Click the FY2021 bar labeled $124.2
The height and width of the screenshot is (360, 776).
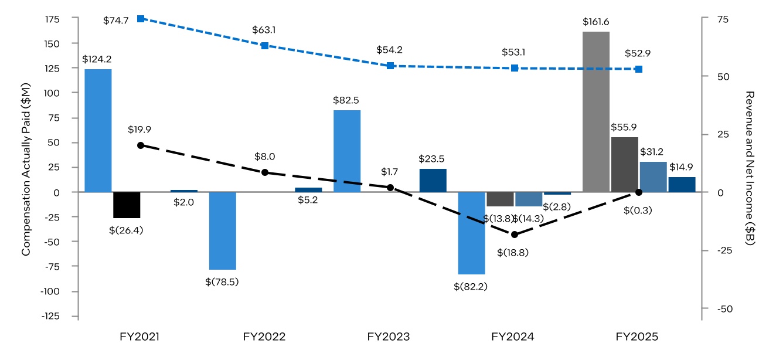tap(98, 130)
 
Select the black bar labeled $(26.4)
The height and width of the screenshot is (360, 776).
tap(127, 205)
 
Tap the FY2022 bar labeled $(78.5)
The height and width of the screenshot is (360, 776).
tap(222, 230)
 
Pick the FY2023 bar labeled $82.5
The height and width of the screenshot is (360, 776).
tap(346, 151)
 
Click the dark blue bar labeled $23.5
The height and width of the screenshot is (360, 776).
tap(433, 180)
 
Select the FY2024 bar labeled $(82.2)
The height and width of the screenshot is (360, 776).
tap(471, 233)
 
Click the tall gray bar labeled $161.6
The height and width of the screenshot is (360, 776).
tap(595, 111)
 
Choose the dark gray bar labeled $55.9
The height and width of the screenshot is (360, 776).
tap(624, 164)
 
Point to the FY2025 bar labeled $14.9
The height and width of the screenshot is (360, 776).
tap(682, 184)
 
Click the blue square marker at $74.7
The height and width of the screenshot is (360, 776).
tap(140, 19)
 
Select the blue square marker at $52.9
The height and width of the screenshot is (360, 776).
tap(639, 69)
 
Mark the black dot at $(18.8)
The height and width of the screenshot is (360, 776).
tap(515, 235)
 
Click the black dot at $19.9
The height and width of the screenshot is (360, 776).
tap(140, 145)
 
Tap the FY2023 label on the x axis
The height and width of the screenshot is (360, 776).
tap(389, 337)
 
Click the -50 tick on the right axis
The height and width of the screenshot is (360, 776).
tap(717, 308)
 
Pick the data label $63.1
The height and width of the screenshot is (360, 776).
tap(264, 29)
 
